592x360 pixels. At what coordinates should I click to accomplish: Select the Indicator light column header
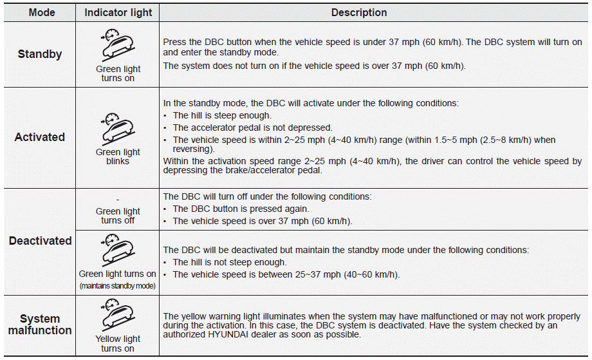pos(117,13)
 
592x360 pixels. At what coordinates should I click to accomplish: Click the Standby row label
pos(40,55)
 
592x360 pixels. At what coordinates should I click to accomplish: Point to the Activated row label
pos(40,137)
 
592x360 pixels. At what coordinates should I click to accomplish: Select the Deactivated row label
pos(40,241)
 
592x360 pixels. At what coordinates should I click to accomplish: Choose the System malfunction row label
pos(40,325)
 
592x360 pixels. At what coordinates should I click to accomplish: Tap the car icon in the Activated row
pos(117,128)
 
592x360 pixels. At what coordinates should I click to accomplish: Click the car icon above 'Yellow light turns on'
pos(117,315)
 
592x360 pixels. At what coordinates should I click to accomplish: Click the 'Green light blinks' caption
pos(118,156)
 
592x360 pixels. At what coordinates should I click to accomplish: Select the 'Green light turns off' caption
pos(118,216)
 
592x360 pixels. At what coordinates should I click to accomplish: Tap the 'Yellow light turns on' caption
pos(118,343)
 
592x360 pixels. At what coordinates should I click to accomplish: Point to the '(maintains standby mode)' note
pos(118,285)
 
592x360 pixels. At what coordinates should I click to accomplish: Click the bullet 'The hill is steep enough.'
pos(222,115)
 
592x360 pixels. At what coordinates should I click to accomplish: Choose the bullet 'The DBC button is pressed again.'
pos(241,209)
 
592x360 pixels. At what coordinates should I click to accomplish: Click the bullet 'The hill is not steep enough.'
pos(230,262)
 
